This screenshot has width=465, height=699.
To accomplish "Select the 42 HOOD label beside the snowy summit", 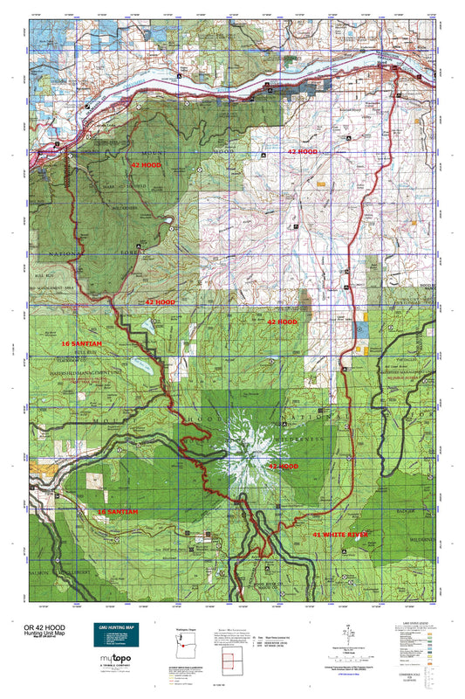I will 283,467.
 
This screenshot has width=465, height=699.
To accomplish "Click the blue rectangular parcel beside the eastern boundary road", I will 358,331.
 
